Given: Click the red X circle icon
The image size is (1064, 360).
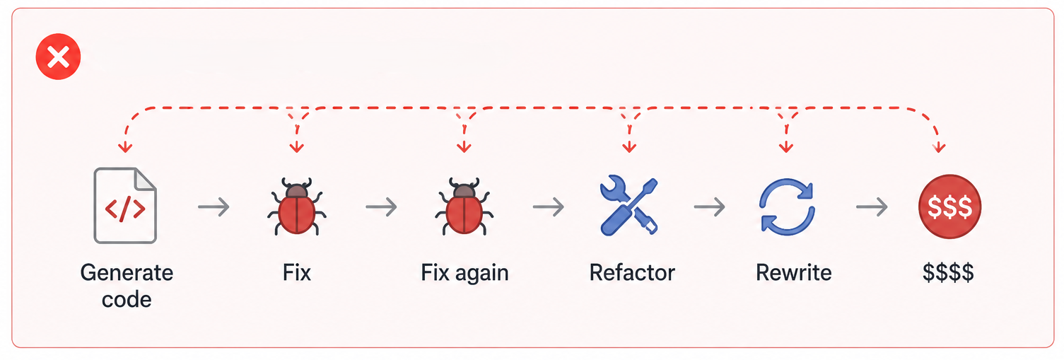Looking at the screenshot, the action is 59,57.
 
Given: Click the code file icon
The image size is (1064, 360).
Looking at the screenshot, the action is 125,205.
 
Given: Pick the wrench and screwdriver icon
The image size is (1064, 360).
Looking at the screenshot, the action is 629,206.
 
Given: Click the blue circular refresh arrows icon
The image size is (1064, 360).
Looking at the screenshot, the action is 787,207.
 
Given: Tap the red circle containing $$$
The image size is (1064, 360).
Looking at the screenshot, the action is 950,207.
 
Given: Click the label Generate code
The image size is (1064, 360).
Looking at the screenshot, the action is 127,286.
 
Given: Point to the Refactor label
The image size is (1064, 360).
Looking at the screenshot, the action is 632,272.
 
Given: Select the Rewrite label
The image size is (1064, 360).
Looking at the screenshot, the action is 794,272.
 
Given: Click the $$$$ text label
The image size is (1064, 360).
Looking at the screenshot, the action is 948,272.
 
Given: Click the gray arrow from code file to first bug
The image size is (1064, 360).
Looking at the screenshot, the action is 214,207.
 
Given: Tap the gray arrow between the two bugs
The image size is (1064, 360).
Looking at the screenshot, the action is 381,207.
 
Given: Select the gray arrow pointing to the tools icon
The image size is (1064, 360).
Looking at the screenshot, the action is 549,207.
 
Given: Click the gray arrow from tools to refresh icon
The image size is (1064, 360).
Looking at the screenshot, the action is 710,207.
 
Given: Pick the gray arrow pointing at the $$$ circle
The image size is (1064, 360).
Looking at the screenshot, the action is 872,207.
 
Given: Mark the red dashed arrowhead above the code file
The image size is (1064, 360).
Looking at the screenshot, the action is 125,148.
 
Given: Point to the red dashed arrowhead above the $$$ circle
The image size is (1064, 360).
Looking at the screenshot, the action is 939,148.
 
